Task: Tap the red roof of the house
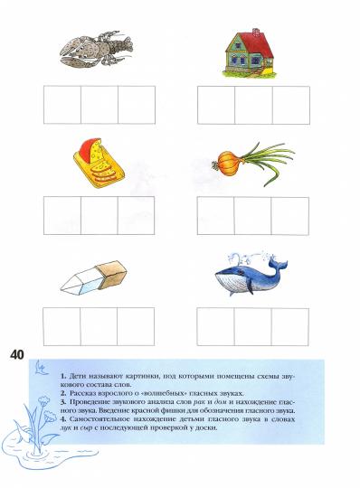pyautogui.click(x=252, y=40)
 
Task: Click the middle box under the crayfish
pyautogui.click(x=99, y=105)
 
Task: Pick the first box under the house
pyautogui.click(x=215, y=105)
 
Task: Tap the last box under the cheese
pyautogui.click(x=137, y=216)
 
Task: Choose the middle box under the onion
pyautogui.click(x=252, y=216)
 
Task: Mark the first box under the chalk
pyautogui.click(x=62, y=326)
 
